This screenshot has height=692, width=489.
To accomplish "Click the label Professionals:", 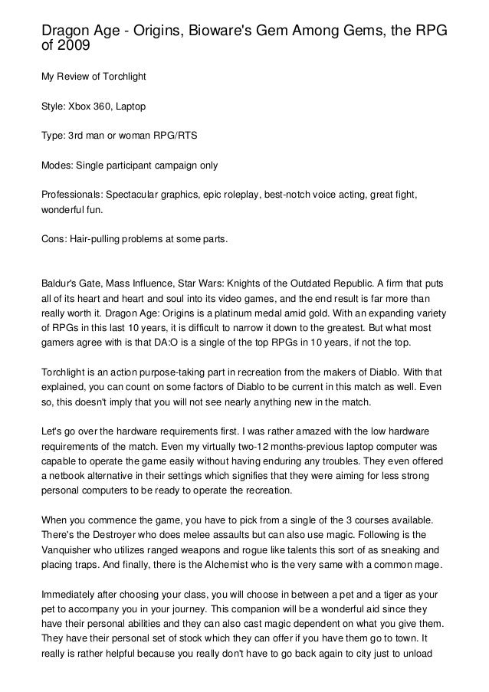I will (74, 196).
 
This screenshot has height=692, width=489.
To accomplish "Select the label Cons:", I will (56, 239).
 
